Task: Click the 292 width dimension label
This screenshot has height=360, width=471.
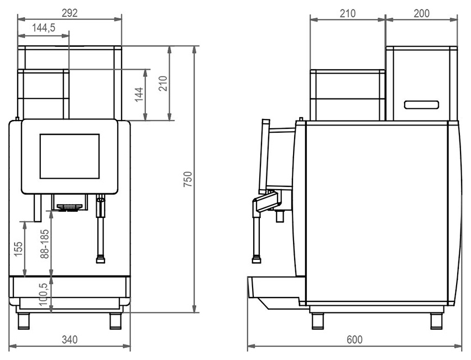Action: [70, 13]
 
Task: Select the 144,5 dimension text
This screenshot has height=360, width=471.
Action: [44, 28]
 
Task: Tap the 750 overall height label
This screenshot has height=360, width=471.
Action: [188, 179]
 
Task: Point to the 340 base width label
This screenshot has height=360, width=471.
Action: [70, 340]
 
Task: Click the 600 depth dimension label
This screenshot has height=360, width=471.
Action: [354, 340]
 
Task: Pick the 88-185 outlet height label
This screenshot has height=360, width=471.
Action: [44, 244]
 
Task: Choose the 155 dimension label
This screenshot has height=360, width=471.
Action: [19, 249]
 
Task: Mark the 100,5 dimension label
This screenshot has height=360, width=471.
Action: [44, 294]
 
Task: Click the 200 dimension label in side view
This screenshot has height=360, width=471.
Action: [421, 13]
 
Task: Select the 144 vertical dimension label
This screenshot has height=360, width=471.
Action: [139, 95]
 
